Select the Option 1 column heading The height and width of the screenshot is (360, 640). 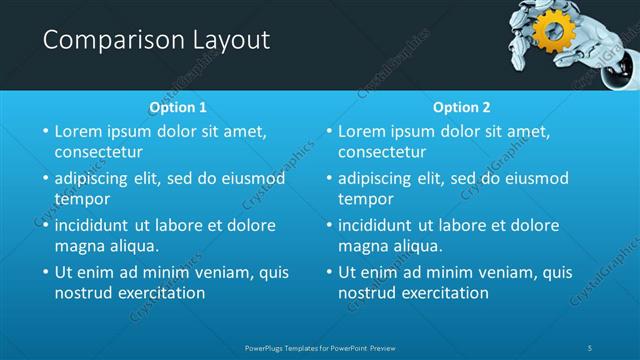[x=178, y=106]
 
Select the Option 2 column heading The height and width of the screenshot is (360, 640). [x=461, y=106]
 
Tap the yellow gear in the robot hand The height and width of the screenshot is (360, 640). [x=551, y=32]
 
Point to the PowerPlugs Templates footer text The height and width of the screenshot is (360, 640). [x=320, y=347]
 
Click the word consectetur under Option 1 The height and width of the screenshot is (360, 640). [x=98, y=152]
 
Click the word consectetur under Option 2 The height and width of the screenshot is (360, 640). [x=381, y=152]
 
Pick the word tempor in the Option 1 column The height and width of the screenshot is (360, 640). [x=82, y=199]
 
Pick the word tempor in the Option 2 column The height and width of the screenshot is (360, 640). [x=365, y=199]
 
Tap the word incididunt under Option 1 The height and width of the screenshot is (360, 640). [x=95, y=225]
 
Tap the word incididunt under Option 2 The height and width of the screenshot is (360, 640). [x=378, y=225]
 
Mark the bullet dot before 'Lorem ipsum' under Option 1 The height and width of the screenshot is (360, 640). [x=44, y=132]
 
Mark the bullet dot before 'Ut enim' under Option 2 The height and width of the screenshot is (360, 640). [x=327, y=272]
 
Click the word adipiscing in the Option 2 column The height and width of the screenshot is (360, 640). [x=376, y=178]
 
